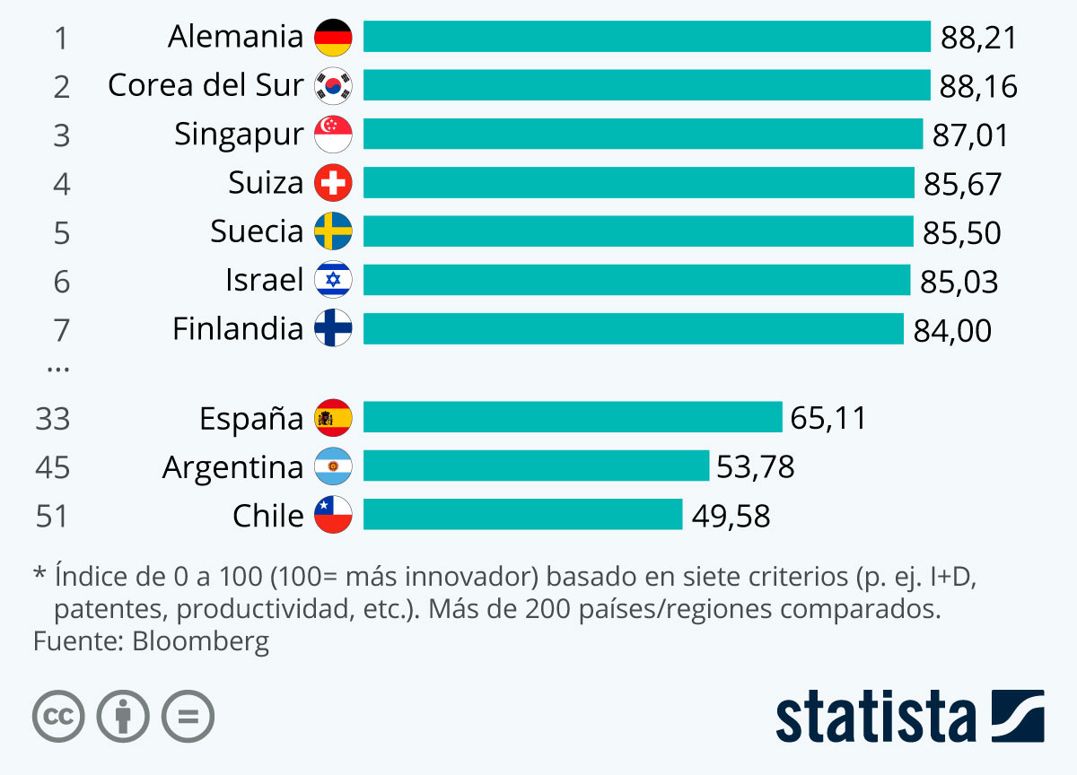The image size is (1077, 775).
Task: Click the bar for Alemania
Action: point(646,37)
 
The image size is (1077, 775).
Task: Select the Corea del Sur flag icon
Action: point(333,86)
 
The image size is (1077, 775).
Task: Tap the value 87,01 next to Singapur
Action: point(970,135)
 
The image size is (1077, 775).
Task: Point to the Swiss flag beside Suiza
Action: point(333,184)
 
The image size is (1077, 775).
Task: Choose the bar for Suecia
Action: point(637,231)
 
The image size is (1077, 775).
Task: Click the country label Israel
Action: point(265,280)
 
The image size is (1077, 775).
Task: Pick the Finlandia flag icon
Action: point(333,329)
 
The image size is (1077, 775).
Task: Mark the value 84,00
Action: point(952,331)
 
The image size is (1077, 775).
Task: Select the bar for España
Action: point(573,417)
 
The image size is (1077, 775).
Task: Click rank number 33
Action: point(53,419)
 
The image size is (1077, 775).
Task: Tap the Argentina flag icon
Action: point(333,466)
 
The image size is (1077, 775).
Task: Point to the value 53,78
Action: point(755,467)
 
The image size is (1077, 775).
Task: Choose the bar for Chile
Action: point(522,515)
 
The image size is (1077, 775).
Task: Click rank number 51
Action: point(53,517)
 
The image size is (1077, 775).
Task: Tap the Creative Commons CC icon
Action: point(58,717)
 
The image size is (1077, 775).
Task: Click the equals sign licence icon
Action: point(188,717)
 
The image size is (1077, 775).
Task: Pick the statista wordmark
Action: point(876,718)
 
